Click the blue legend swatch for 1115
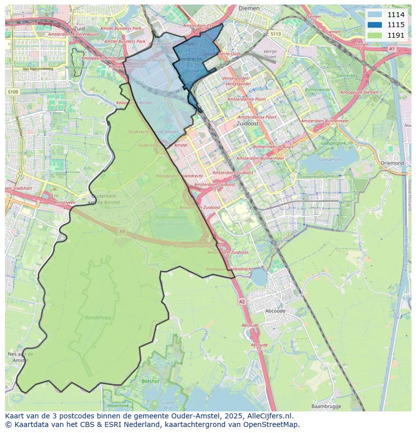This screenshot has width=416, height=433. (x=374, y=25)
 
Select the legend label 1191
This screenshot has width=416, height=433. (x=396, y=35)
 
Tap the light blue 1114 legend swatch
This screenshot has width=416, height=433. (x=374, y=15)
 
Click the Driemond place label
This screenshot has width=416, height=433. (x=392, y=163)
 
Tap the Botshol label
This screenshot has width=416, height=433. (x=150, y=381)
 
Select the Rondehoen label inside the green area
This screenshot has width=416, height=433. (x=98, y=318)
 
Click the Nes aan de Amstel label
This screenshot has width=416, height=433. (x=20, y=357)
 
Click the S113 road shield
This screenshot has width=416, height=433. (x=275, y=34)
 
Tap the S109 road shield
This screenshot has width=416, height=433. (x=13, y=92)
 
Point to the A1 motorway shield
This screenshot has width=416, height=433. (x=391, y=49)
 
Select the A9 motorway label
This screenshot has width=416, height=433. (x=122, y=231)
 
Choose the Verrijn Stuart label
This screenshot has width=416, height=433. (x=270, y=54)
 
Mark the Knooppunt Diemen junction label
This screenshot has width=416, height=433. (x=359, y=93)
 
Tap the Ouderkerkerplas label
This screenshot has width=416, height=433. (x=171, y=217)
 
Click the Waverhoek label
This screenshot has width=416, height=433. (x=118, y=405)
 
